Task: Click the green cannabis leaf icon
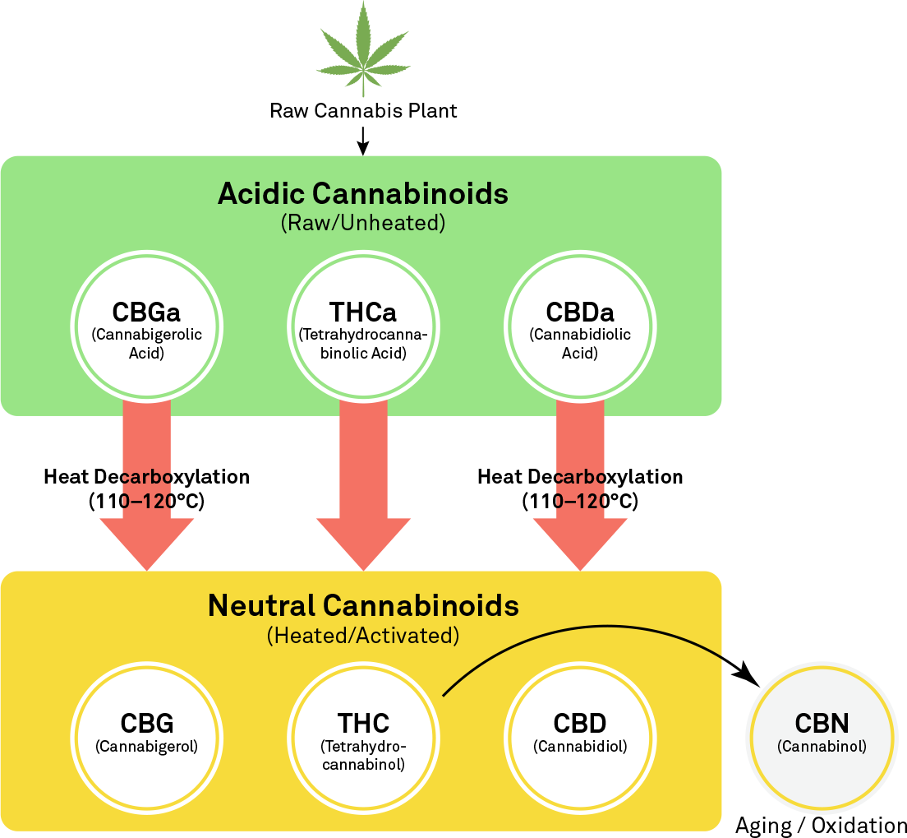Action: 363,49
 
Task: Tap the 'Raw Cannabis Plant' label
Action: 363,110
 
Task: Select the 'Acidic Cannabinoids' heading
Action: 362,194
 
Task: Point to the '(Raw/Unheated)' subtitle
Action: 362,223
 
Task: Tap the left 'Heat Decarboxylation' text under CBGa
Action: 146,477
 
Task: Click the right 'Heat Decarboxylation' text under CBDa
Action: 580,477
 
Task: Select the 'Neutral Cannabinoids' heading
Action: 362,605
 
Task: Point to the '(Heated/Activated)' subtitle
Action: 362,636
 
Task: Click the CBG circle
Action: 146,734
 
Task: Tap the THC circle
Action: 362,734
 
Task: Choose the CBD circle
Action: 580,734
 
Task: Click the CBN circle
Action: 822,734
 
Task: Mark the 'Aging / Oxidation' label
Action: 821,825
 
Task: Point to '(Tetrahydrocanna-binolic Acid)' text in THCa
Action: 362,345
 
